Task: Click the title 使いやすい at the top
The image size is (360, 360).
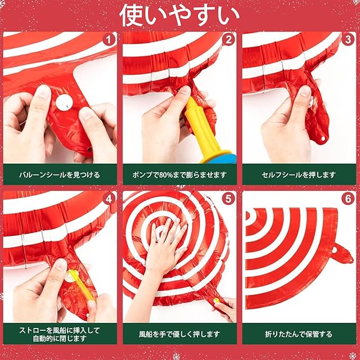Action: tap(179, 16)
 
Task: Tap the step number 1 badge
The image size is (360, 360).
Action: tap(109, 40)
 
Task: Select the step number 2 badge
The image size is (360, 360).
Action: tap(228, 40)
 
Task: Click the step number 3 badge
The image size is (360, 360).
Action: tap(348, 40)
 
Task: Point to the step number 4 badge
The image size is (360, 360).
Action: tap(109, 199)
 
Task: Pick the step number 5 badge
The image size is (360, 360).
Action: tap(228, 199)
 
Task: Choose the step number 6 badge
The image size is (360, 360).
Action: tap(348, 199)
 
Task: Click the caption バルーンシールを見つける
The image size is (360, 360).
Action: tap(60, 175)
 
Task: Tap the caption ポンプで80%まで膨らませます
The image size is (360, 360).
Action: tap(179, 175)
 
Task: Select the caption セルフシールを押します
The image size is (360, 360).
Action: tap(299, 175)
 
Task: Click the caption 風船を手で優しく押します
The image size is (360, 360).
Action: tap(179, 334)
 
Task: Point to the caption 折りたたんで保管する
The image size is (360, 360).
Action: tap(299, 334)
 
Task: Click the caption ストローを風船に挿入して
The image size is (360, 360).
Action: tap(60, 330)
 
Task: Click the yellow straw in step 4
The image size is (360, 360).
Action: tap(82, 285)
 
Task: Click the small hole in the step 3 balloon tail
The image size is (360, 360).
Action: tap(323, 138)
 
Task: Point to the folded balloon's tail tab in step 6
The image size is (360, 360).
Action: tap(341, 254)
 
